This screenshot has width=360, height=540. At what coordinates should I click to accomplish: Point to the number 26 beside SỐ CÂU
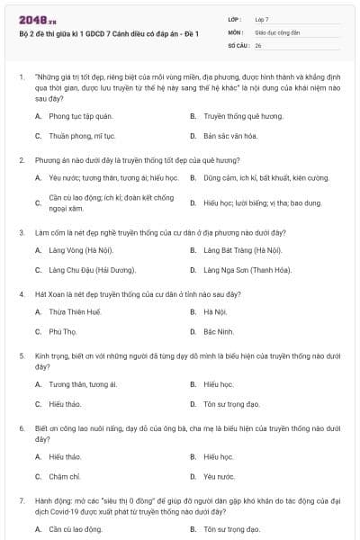[258, 44]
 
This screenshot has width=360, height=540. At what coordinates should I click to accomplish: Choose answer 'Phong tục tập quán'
[81, 117]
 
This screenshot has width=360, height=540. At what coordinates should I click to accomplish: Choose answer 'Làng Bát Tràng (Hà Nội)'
[242, 250]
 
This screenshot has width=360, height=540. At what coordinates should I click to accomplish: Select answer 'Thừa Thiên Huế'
[75, 312]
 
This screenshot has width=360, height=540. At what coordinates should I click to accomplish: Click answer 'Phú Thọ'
[63, 331]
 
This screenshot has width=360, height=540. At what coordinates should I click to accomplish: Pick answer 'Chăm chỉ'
[65, 476]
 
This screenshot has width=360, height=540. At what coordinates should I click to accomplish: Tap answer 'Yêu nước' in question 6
[219, 476]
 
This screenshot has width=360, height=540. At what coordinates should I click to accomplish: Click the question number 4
[22, 294]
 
